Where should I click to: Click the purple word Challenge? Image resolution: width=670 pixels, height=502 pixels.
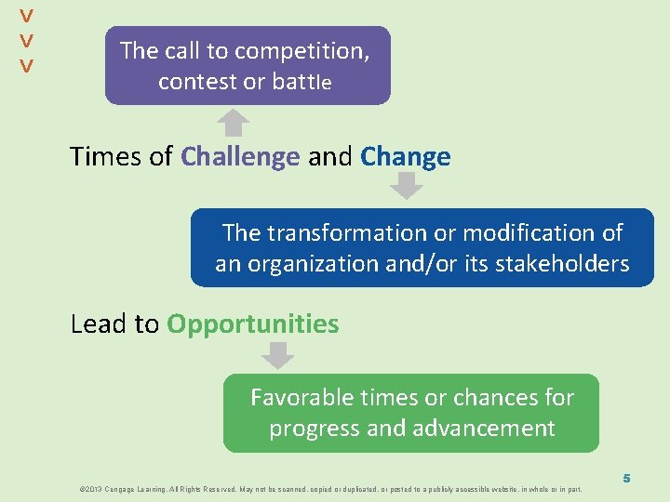(240, 157)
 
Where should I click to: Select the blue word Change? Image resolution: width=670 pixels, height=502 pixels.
(405, 157)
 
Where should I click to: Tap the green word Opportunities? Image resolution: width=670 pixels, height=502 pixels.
(252, 324)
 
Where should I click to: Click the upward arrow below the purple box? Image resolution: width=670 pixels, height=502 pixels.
(234, 123)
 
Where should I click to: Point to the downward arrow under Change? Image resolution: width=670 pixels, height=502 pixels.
(405, 186)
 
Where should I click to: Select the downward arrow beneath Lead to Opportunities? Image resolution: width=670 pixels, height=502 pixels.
(277, 355)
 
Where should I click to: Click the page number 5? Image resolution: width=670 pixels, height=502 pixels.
(627, 478)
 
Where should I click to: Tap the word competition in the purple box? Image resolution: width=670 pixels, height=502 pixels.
(302, 51)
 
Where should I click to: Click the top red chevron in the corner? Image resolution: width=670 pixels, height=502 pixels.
(27, 17)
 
